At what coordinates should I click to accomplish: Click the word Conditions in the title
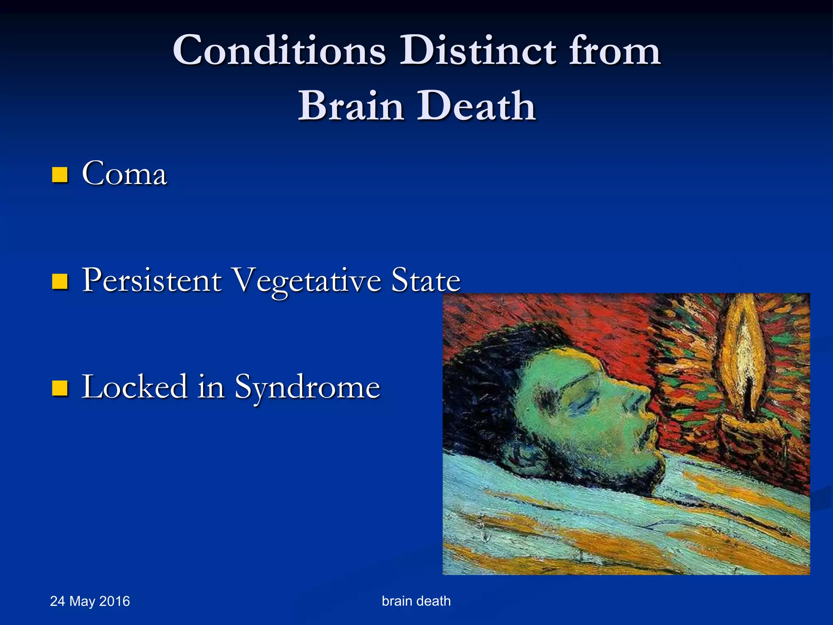click(x=279, y=50)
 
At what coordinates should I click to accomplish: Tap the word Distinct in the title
click(x=478, y=50)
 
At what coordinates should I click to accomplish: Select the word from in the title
click(x=615, y=50)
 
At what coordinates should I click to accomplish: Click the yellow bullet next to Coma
click(x=60, y=175)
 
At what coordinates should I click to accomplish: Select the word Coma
click(x=124, y=174)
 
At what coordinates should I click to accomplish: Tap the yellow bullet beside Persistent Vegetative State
click(x=60, y=281)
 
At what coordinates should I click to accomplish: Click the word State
click(x=425, y=280)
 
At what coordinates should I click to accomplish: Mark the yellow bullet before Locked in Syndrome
click(x=60, y=388)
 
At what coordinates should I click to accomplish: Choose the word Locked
click(x=135, y=387)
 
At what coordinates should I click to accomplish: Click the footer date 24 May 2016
click(x=90, y=601)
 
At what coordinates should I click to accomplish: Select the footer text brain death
click(x=416, y=601)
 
